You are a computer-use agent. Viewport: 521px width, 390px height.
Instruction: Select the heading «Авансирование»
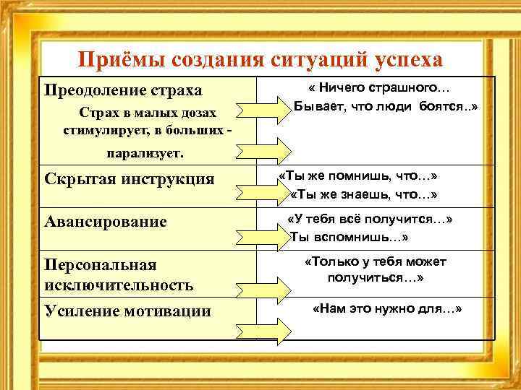click(x=106, y=222)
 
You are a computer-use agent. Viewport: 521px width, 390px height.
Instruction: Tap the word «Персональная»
click(x=101, y=264)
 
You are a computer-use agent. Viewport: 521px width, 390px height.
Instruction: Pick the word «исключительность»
click(x=119, y=285)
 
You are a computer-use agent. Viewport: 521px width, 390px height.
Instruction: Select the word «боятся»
click(x=444, y=107)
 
